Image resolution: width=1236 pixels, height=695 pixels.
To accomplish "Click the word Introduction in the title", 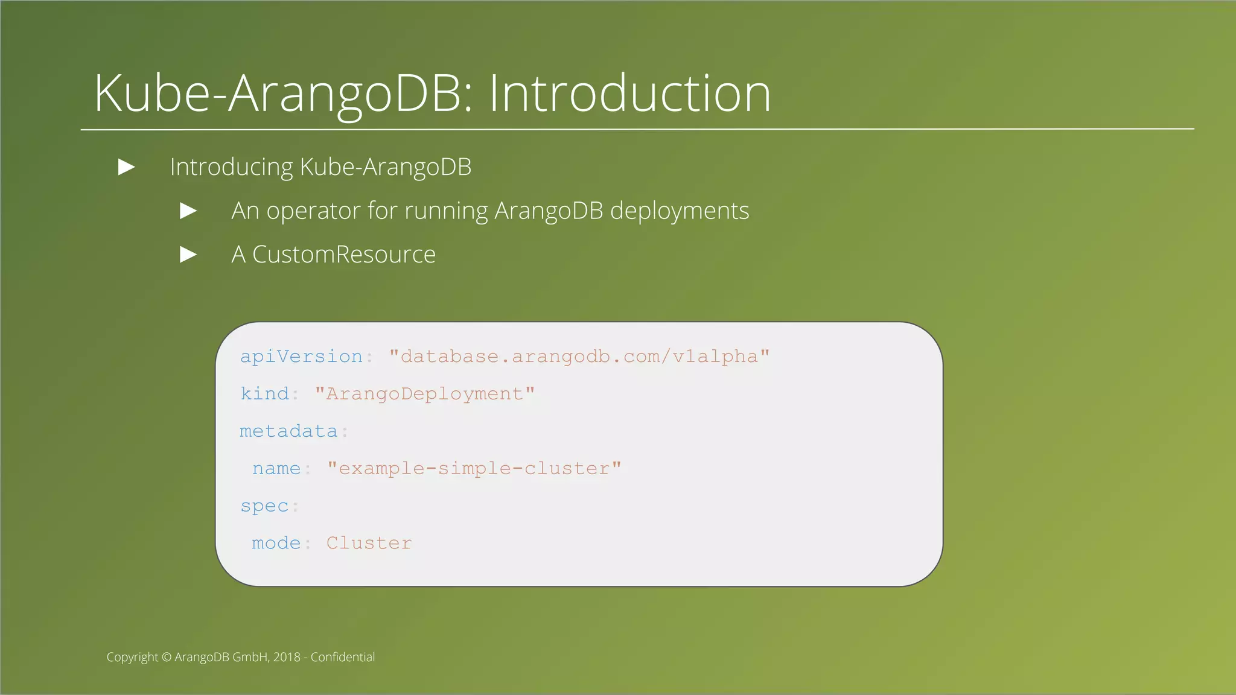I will point(629,94).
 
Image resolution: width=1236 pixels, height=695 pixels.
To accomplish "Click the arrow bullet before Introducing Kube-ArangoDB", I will point(126,167).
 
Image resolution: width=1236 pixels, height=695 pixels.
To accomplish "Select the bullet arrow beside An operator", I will point(188,211).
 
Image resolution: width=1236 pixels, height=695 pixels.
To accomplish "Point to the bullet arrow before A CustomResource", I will point(188,255).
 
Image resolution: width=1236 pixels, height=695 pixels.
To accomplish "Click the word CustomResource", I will point(343,255).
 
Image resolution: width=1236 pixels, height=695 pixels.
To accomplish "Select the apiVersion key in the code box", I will point(301,357).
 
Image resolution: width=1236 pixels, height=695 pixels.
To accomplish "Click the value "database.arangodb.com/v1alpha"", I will point(579,357).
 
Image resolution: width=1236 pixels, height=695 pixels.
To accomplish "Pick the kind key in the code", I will point(264,394).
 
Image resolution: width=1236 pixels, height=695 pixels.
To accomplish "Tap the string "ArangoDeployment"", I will point(424,394).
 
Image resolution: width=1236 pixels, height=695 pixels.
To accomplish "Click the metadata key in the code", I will point(288,431).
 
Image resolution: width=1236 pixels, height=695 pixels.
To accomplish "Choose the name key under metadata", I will point(276,469).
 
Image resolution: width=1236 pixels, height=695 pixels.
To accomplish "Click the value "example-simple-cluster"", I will point(474,469).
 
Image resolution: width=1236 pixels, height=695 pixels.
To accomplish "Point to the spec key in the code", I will point(264,506).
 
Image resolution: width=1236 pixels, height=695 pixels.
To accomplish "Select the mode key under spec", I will point(276,544).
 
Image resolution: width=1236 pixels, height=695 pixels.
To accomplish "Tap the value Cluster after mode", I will point(369,544).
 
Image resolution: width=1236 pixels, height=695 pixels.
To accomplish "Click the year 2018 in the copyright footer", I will point(287,657).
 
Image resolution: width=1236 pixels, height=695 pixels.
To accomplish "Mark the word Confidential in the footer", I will point(342,657).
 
